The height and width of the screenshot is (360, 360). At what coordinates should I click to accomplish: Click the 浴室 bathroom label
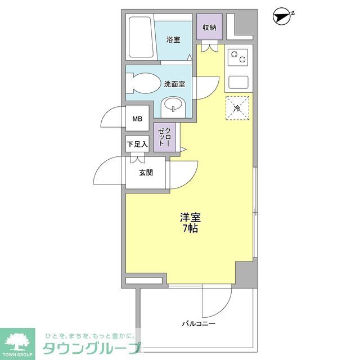click(x=173, y=39)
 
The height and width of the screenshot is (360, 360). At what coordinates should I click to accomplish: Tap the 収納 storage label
click(x=210, y=27)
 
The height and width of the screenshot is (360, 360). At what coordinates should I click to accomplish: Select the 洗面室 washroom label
click(x=175, y=84)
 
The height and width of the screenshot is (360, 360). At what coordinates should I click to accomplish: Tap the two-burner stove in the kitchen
click(x=238, y=58)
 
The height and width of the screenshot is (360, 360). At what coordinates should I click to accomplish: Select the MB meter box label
click(x=137, y=119)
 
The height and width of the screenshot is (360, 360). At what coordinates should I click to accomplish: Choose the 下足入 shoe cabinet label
click(x=137, y=145)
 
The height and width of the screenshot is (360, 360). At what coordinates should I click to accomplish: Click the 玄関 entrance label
click(x=146, y=173)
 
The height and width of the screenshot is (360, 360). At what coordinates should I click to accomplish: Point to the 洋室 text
click(x=190, y=217)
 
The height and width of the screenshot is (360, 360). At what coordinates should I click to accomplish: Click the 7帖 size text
click(x=190, y=229)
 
